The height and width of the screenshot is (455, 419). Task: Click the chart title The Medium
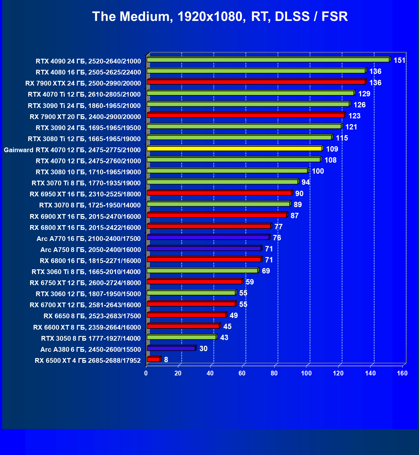point(220,17)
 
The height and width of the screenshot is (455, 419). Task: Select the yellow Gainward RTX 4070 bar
point(234,149)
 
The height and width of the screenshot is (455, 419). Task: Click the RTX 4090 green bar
point(268,60)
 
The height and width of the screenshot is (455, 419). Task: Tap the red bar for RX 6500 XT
point(153,359)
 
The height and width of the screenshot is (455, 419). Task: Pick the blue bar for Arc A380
point(171,348)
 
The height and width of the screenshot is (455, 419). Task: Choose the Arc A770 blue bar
point(208,237)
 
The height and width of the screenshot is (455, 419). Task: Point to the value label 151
point(399,60)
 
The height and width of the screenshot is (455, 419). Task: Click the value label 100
point(318,171)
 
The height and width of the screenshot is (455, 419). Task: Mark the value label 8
point(166,360)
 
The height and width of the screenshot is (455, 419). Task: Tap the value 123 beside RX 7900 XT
point(354,116)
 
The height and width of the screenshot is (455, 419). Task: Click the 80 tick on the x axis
point(274,374)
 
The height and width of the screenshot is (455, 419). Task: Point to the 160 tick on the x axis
point(402,374)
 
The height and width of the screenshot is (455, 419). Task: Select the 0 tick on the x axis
point(146,374)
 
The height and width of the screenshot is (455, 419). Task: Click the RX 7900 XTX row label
point(83,83)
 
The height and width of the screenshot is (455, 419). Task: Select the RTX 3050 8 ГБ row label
point(91,338)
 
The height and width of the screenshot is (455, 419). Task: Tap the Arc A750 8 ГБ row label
point(91,250)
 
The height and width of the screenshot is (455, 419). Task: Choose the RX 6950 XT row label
point(85,194)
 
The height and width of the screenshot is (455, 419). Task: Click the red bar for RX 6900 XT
point(217,215)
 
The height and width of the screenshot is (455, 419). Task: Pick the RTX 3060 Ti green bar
point(202,271)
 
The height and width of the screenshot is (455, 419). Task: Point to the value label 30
point(204,349)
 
